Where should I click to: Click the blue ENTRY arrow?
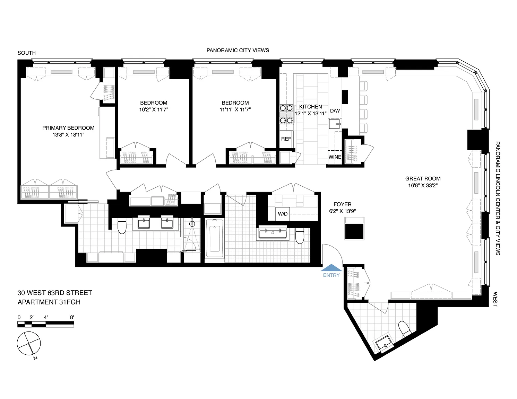[331, 268]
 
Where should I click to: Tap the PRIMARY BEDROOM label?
[68, 128]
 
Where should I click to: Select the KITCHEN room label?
[310, 107]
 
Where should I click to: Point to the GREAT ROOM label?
[423, 179]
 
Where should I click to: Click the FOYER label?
[342, 204]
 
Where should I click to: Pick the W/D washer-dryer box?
[283, 214]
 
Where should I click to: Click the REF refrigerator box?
[286, 139]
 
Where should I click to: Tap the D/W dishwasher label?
[335, 111]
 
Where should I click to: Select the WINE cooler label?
[335, 157]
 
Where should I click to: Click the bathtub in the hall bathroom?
[215, 238]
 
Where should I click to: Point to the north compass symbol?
[29, 343]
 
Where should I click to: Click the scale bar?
[46, 325]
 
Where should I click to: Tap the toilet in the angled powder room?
[405, 329]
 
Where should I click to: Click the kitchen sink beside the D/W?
[335, 124]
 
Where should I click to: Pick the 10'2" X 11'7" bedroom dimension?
[154, 110]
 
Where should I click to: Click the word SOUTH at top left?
[27, 53]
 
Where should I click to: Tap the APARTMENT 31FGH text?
[49, 302]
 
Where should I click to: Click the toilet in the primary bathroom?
[122, 226]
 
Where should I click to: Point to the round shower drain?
[192, 224]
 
